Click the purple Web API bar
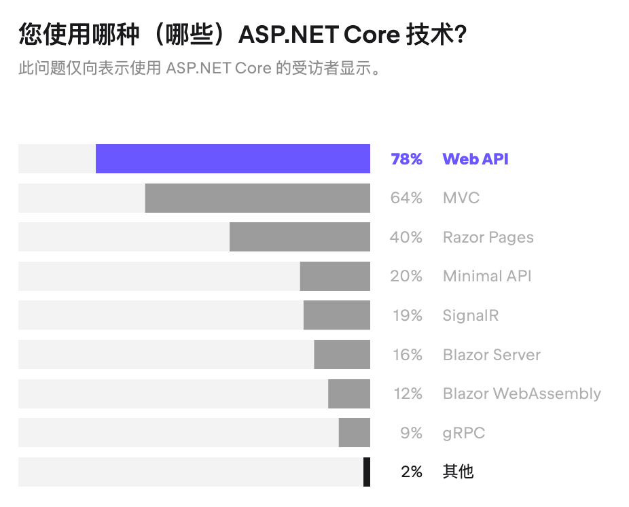tap(232, 159)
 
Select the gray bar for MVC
tap(257, 198)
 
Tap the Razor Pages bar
tap(300, 237)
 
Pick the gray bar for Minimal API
tap(335, 276)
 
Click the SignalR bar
tap(336, 315)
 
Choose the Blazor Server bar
tap(342, 355)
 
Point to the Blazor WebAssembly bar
tap(349, 394)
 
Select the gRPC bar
tap(354, 433)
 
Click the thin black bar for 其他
tap(367, 472)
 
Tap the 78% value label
tap(406, 159)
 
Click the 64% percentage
tap(406, 198)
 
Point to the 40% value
tap(406, 237)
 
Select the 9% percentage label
tap(411, 433)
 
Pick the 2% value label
tap(411, 472)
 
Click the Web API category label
tap(475, 159)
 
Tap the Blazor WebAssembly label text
tap(522, 394)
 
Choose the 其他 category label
tap(458, 472)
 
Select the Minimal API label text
tap(487, 276)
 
